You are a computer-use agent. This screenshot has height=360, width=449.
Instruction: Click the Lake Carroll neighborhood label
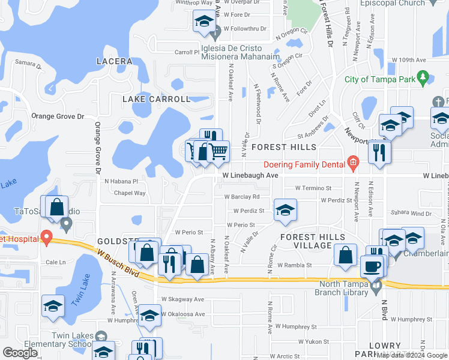click(x=157, y=99)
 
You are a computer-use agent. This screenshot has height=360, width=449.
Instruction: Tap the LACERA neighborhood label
click(x=114, y=61)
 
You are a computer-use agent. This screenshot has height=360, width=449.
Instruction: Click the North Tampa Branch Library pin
click(x=377, y=288)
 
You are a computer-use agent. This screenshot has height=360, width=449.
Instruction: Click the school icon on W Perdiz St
click(x=285, y=210)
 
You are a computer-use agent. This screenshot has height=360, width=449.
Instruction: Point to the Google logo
click(x=20, y=352)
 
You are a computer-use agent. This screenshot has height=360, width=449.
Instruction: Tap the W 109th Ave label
click(x=408, y=60)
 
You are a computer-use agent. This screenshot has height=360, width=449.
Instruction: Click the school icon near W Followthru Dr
click(x=203, y=22)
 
